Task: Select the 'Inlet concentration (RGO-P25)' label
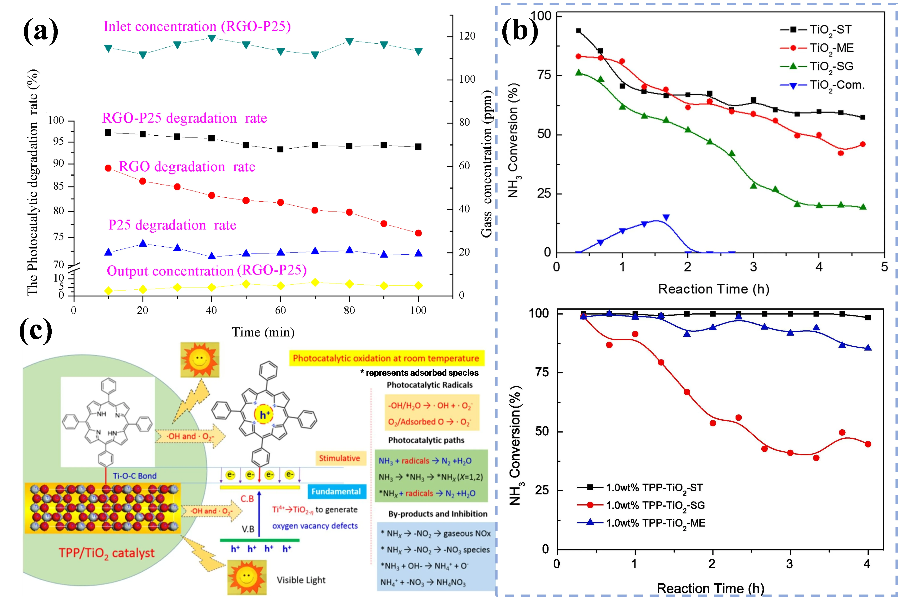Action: [x=197, y=27]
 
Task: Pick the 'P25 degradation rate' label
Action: [x=172, y=225]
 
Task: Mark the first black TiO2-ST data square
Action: [x=578, y=31]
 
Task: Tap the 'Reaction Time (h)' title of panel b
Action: [x=714, y=289]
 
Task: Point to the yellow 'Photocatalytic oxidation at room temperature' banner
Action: [x=386, y=358]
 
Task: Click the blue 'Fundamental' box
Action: [x=336, y=492]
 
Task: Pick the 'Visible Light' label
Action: [x=301, y=580]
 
